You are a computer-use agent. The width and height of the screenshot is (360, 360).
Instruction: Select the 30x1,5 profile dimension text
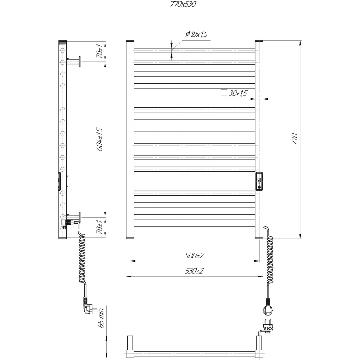238,94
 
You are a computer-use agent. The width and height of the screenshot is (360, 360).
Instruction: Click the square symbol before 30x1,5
224,93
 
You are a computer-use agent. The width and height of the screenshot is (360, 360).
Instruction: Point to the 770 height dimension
295,139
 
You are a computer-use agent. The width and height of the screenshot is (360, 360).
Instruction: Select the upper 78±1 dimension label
100,51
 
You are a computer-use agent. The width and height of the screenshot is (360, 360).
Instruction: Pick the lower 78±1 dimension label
100,227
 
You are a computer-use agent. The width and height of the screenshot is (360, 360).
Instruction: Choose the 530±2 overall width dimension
195,271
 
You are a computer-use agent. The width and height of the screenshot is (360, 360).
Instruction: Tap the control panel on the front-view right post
259,182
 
